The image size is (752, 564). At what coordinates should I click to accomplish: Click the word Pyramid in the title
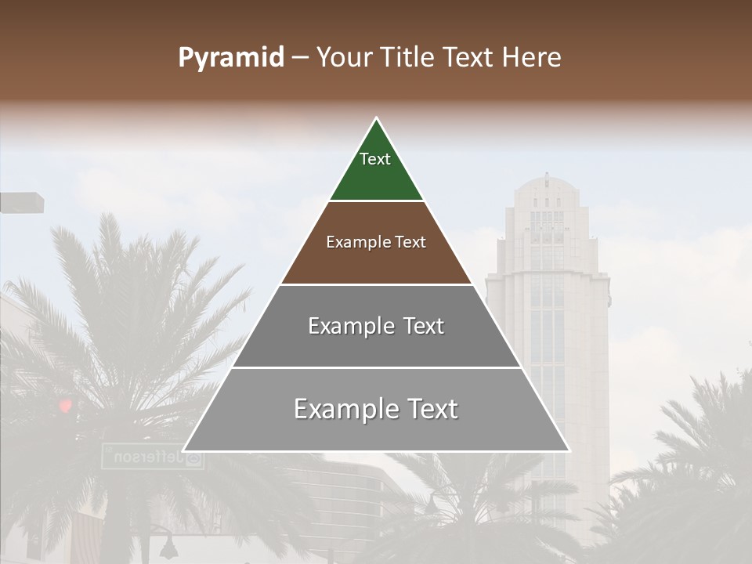click(231, 58)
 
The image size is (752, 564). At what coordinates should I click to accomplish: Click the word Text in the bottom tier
click(428, 409)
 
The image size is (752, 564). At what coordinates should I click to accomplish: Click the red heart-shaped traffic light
click(65, 405)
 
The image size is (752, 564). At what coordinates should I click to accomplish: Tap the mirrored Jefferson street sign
click(153, 456)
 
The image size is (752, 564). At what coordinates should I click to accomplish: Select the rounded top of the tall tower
click(546, 185)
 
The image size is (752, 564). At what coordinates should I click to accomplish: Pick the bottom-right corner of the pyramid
click(569, 451)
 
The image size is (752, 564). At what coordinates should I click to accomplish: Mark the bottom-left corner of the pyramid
click(183, 451)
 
